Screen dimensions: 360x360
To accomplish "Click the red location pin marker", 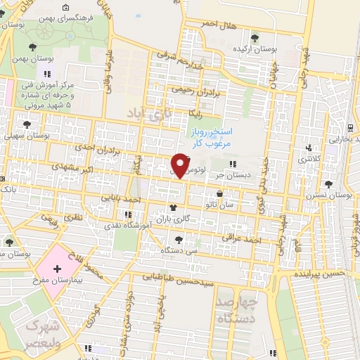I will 180,165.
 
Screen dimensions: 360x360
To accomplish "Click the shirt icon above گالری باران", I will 174,208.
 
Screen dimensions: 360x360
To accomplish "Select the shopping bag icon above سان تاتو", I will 220,194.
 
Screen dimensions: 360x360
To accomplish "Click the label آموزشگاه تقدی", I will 125,224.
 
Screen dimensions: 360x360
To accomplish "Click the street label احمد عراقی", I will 242,240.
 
